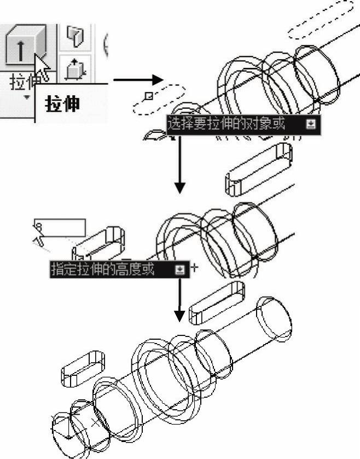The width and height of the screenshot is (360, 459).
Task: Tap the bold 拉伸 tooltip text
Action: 62,104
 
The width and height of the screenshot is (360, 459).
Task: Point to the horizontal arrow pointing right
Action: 134,81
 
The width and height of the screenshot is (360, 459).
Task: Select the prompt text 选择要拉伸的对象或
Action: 227,124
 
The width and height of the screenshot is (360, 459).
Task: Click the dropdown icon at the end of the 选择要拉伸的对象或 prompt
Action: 311,124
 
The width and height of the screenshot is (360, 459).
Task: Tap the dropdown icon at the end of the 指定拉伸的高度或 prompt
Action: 179,269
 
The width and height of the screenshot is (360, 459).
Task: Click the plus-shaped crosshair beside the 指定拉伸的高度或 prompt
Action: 193,268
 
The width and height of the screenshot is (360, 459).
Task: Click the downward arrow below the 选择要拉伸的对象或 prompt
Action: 179,164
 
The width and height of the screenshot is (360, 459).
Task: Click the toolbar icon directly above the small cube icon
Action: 74,36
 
